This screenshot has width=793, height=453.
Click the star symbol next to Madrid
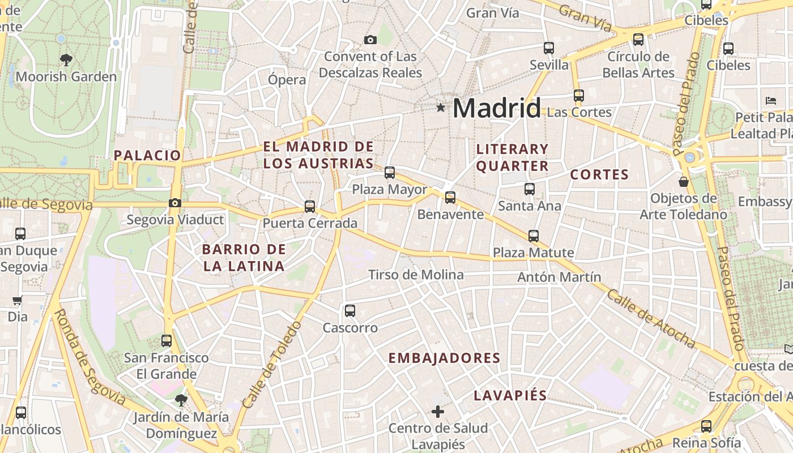[441, 107]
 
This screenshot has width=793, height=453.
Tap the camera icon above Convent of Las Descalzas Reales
[370, 40]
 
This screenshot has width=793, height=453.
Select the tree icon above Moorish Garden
[66, 59]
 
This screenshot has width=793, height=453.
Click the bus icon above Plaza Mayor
[390, 173]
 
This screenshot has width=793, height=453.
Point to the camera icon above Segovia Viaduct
[175, 203]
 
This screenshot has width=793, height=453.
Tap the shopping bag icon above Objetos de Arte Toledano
[684, 182]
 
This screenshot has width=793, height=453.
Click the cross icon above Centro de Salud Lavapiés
[438, 412]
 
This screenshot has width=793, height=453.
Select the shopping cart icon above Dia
[18, 301]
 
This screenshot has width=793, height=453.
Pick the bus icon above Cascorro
[350, 310]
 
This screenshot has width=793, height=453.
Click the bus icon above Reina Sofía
[706, 426]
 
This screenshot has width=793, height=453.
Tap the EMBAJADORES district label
[445, 358]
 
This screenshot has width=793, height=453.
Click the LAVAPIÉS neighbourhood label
[510, 396]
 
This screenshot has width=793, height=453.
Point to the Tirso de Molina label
[416, 275]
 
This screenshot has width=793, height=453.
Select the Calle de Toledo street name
[272, 365]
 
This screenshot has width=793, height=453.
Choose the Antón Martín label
[559, 277]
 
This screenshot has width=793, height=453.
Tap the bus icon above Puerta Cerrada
[310, 207]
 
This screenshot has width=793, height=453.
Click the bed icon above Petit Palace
[771, 101]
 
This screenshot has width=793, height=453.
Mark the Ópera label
[287, 80]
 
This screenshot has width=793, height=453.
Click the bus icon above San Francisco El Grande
[167, 341]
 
